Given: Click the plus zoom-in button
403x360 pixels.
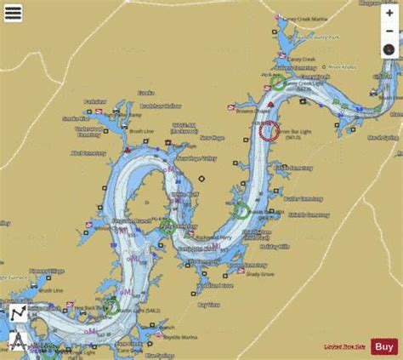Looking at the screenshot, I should [x=389, y=14].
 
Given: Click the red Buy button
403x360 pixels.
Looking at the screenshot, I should [x=384, y=346].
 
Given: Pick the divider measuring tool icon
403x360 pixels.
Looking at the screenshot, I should [x=16, y=341].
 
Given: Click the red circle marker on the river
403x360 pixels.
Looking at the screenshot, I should [x=269, y=131].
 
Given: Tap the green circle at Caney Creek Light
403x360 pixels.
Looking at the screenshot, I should [x=278, y=84].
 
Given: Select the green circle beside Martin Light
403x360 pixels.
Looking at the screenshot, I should [x=111, y=307].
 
